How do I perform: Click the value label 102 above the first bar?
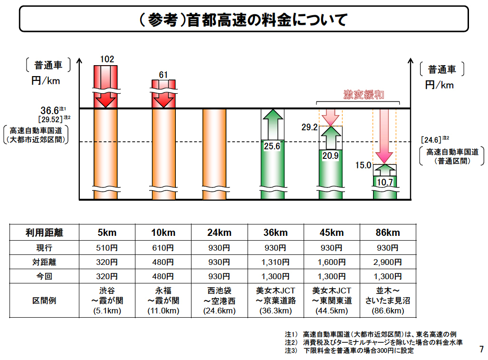pyautogui.click(x=106, y=59)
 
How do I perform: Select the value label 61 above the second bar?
pyautogui.click(x=163, y=74)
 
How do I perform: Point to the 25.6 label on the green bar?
pyautogui.click(x=272, y=146)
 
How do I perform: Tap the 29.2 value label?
pyautogui.click(x=309, y=127)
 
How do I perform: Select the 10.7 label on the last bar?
pyautogui.click(x=384, y=182)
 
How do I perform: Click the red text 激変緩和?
pyautogui.click(x=364, y=95)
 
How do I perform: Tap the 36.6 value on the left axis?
pyautogui.click(x=49, y=110)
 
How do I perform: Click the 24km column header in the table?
pyautogui.click(x=219, y=233)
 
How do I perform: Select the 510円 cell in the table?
pyautogui.click(x=107, y=248)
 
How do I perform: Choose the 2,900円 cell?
pyautogui.click(x=388, y=262)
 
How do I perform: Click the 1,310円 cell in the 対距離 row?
pyautogui.click(x=276, y=262)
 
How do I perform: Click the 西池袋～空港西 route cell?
pyautogui.click(x=219, y=301)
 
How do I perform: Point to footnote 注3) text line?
pyautogui.click(x=349, y=351)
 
